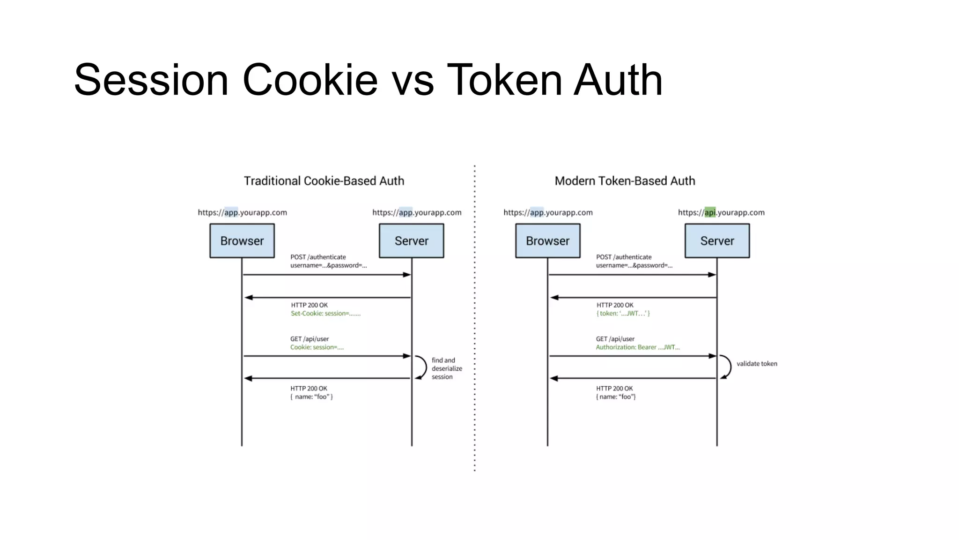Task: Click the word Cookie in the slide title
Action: (x=310, y=80)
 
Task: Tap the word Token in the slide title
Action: (x=504, y=80)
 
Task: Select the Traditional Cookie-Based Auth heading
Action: (x=324, y=181)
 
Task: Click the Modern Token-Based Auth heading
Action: (x=625, y=181)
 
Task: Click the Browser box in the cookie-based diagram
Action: (x=242, y=241)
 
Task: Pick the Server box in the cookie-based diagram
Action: (x=411, y=241)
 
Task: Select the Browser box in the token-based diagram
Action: (x=547, y=241)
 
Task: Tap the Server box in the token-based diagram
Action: (x=717, y=241)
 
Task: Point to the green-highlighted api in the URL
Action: (x=710, y=212)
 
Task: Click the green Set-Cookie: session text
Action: (x=325, y=313)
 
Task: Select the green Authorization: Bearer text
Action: (x=637, y=347)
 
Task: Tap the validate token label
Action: (x=757, y=364)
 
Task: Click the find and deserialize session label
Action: (x=446, y=368)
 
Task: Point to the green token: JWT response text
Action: (x=623, y=313)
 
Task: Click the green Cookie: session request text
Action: (x=317, y=347)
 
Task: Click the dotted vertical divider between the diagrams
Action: (x=474, y=319)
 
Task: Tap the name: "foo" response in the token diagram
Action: (x=616, y=397)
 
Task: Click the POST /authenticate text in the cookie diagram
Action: (x=318, y=257)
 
